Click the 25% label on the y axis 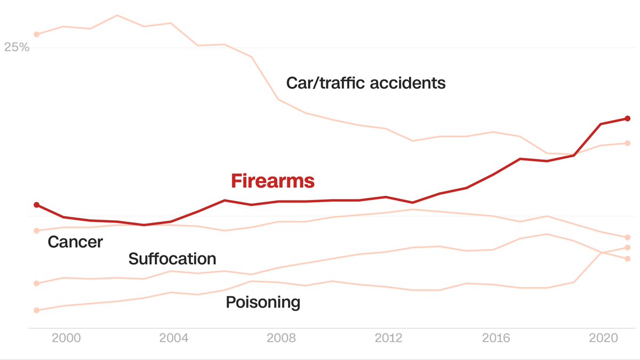click(17, 47)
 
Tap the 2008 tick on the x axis click(281, 338)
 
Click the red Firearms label click(273, 181)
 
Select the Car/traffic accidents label click(365, 83)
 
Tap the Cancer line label click(75, 242)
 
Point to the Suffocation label click(172, 259)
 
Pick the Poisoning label click(263, 302)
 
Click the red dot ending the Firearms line click(628, 118)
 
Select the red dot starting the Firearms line click(36, 205)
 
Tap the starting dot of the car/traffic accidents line click(36, 34)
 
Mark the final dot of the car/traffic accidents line click(628, 143)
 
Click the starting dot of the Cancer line click(36, 230)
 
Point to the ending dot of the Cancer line click(628, 237)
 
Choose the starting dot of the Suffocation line click(36, 283)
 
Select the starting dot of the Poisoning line click(36, 310)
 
